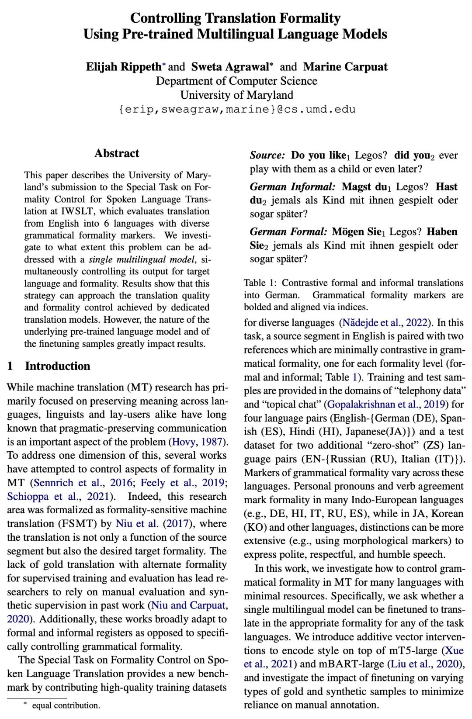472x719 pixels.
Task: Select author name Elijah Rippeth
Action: pyautogui.click(x=124, y=66)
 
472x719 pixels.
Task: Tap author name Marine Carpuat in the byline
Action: pyautogui.click(x=345, y=66)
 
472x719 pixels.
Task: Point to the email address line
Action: pyautogui.click(x=236, y=109)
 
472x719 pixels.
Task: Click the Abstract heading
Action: pyautogui.click(x=117, y=153)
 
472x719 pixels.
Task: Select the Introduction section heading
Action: pyautogui.click(x=57, y=366)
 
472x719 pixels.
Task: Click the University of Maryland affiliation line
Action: pyautogui.click(x=236, y=95)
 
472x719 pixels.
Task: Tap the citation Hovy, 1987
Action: pyautogui.click(x=198, y=442)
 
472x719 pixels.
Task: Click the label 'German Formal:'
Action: pyautogui.click(x=288, y=232)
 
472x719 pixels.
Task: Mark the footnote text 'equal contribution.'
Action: pyautogui.click(x=66, y=705)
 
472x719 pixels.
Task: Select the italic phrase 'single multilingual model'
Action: pyautogui.click(x=141, y=259)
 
